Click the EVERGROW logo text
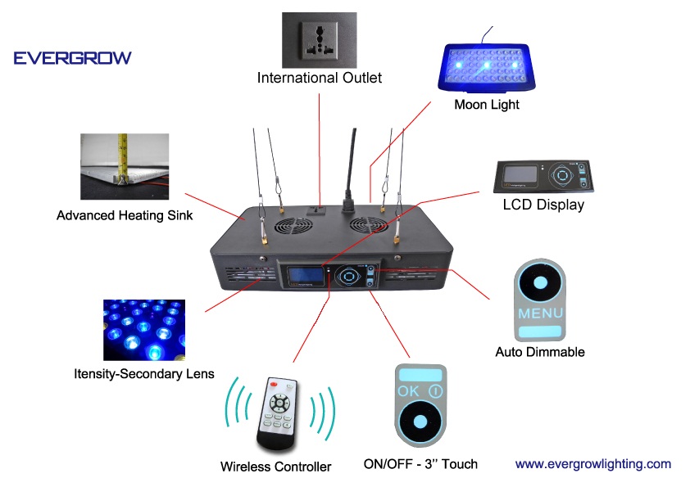coord(72,58)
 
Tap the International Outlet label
coord(320,79)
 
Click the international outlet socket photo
coord(318,39)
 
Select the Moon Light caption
coord(487,105)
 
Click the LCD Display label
coord(543,205)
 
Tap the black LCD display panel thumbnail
coord(542,175)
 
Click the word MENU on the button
coord(540,313)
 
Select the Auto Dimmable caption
coord(540,353)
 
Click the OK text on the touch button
coord(407,391)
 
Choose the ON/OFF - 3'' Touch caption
coord(420,464)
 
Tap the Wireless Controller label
coord(275,467)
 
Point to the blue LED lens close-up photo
coord(143,330)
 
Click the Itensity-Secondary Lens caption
coord(143,374)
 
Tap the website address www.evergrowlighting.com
coord(593,464)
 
